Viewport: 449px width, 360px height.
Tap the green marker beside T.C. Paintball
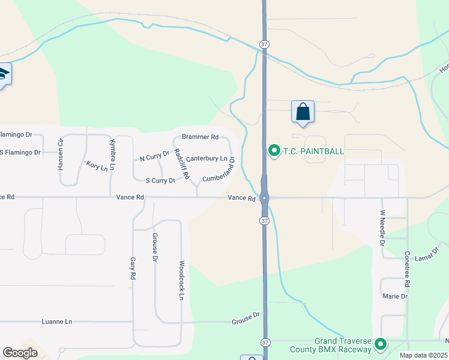point(274,150)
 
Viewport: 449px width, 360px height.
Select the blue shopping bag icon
point(303,112)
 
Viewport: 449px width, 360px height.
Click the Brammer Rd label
point(200,137)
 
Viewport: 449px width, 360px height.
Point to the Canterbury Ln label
point(206,158)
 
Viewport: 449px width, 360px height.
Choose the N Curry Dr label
point(155,157)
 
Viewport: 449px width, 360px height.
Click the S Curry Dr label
point(160,180)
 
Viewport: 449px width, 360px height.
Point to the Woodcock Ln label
point(181,280)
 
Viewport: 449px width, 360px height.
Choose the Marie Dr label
point(395,296)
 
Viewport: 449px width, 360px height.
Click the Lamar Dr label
point(428,252)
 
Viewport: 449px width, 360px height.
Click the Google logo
point(20,353)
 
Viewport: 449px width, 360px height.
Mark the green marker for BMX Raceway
point(380,344)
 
